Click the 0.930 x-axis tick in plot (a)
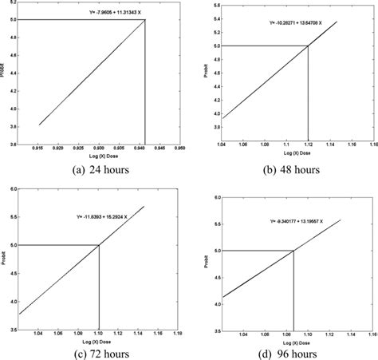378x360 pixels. point(99,149)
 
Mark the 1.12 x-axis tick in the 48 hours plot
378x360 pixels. point(309,147)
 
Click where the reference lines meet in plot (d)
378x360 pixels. point(294,251)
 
